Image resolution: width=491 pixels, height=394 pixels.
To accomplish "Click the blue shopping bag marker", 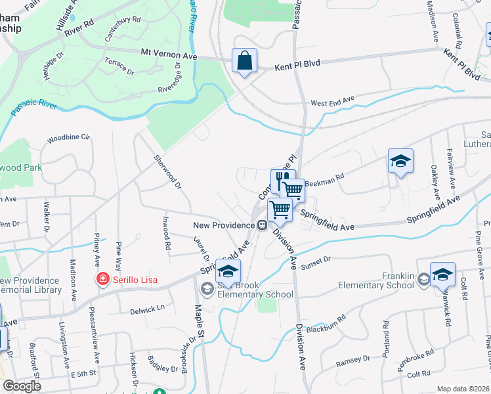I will point(244,62).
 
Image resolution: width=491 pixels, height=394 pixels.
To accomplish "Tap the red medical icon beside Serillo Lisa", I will point(102,280).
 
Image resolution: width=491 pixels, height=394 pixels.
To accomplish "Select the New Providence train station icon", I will point(262,225).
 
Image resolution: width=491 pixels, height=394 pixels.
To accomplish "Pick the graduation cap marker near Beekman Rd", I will point(400,161).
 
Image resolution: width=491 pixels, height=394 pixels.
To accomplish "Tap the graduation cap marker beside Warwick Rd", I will point(442,274).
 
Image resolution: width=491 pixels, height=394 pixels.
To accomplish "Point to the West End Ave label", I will point(332,101).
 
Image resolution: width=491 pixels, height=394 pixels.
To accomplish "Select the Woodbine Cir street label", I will point(68,139).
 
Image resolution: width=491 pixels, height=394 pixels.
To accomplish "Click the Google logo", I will point(22,385).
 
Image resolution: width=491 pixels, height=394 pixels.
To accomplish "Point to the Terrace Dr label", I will point(119,66).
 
